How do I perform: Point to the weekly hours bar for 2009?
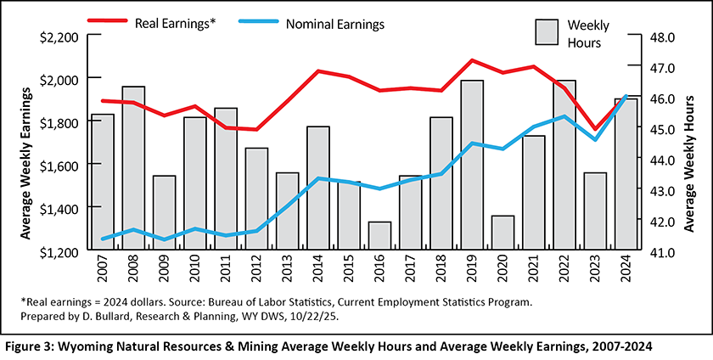[x=164, y=213]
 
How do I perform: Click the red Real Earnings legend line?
[x=109, y=23]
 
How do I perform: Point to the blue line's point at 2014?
[x=317, y=178]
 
